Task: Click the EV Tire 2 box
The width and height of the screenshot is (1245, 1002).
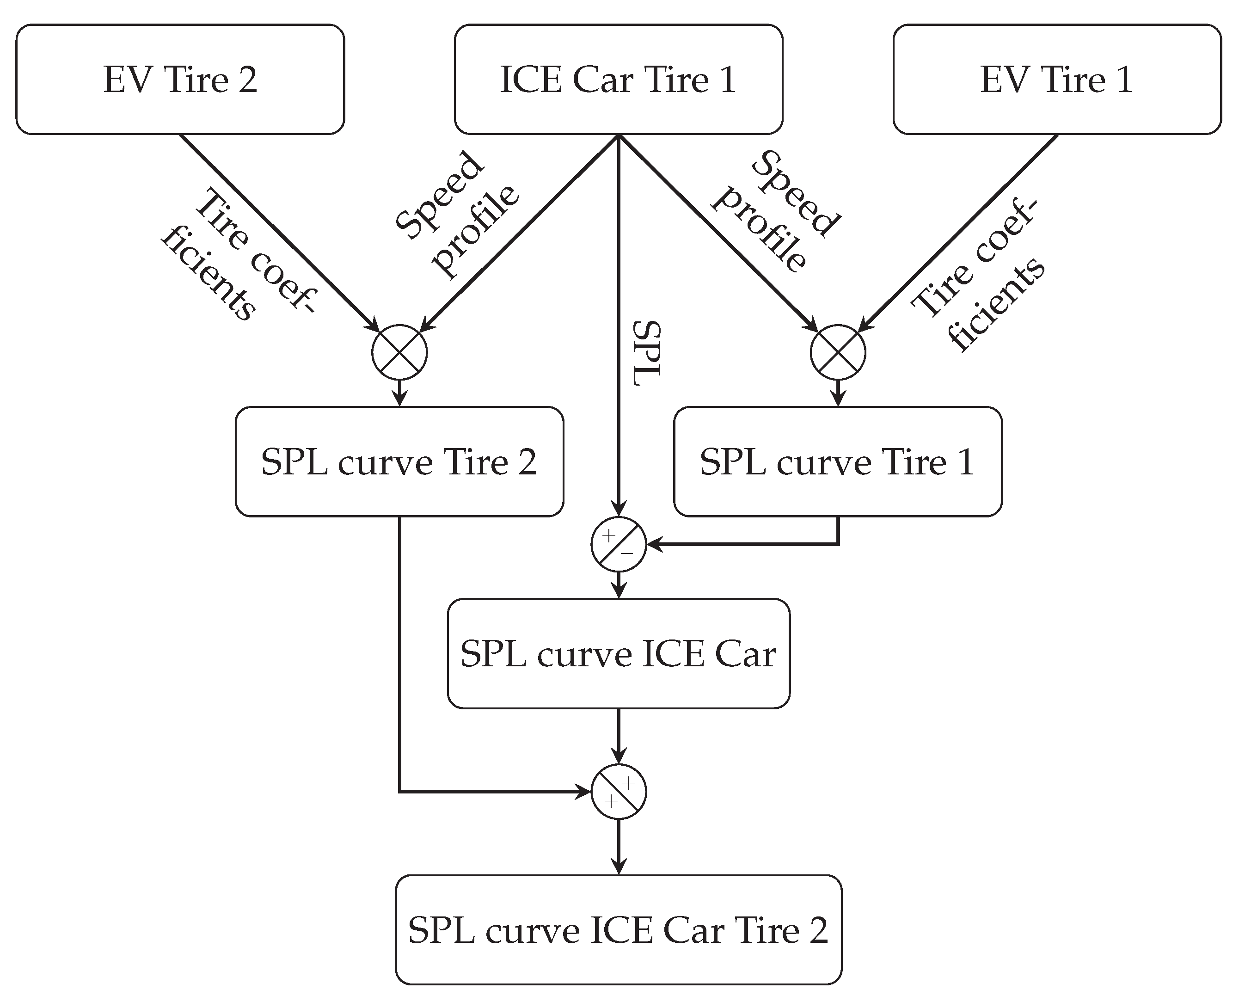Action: point(180,79)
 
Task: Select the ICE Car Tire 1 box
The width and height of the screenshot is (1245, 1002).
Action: point(619,79)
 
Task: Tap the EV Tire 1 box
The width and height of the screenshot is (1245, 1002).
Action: point(1057,79)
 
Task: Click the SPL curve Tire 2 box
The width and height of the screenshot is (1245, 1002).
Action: point(399,462)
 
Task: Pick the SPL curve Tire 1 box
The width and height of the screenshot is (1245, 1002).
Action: point(838,462)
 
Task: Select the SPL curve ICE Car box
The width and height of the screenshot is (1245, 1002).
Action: point(619,654)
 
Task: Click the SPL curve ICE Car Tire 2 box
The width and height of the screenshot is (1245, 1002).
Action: point(619,930)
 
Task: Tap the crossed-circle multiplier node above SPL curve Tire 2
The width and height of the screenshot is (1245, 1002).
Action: point(399,352)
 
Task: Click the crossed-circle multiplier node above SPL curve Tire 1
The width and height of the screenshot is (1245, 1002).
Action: point(838,352)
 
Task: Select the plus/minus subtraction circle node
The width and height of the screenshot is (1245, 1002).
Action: point(619,544)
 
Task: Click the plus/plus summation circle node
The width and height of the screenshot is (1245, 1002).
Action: point(619,792)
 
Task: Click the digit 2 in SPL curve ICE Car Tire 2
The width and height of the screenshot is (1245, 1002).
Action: point(818,930)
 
